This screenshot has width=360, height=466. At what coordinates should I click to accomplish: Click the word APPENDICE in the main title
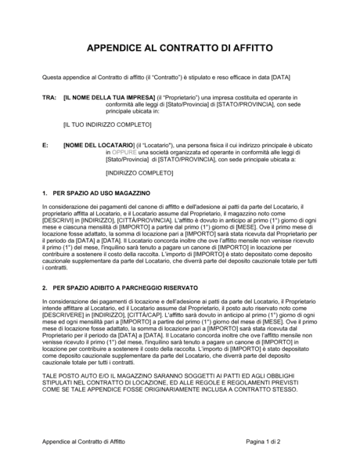tap(117, 48)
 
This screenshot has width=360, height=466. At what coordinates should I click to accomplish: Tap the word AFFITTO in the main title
tap(248, 48)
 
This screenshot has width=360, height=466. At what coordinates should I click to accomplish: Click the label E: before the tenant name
tap(45, 146)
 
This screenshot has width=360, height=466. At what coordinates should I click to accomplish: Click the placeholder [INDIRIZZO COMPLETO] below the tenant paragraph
tap(117, 172)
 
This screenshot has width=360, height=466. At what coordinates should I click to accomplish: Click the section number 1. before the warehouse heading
tap(45, 192)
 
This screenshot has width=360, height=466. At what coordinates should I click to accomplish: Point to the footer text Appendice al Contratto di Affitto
tap(88, 442)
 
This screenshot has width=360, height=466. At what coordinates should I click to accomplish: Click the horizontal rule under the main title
tap(179, 60)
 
